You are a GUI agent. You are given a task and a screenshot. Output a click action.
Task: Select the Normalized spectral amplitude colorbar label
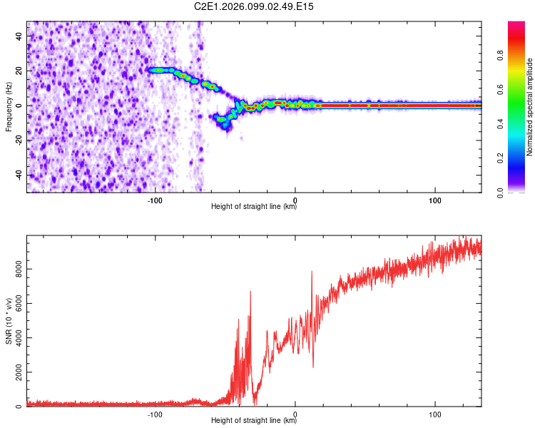[529, 107]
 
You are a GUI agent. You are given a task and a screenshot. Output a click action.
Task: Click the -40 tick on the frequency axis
[19, 175]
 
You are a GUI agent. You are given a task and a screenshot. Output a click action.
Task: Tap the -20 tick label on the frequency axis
[19, 141]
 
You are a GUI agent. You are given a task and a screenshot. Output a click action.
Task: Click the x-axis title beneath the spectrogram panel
[254, 207]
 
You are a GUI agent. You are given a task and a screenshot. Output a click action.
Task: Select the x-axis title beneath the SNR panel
[254, 421]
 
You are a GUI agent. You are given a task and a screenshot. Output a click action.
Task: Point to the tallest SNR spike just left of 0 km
[250, 292]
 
